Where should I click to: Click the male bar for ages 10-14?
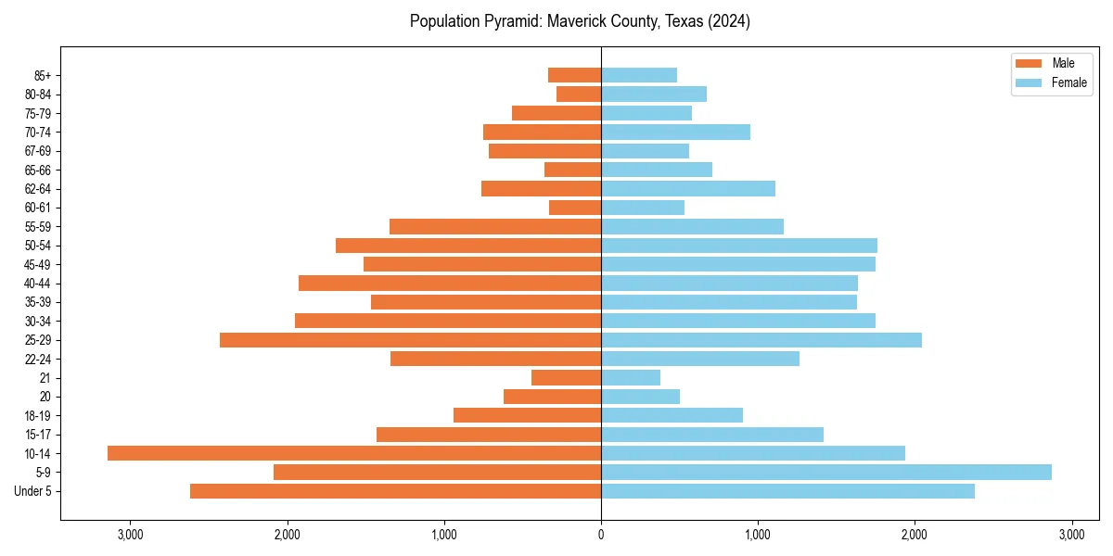(x=354, y=453)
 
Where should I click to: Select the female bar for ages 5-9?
(x=825, y=472)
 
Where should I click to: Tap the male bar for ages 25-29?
(x=410, y=340)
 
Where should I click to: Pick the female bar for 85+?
(x=638, y=75)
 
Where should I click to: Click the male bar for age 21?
(x=566, y=377)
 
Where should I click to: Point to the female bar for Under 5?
(x=787, y=491)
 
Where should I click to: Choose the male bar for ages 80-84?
(x=579, y=94)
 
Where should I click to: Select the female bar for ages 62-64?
(x=687, y=188)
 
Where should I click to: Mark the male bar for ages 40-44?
(x=450, y=283)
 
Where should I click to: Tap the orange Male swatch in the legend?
(x=1030, y=63)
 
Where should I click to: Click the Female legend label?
(x=1069, y=82)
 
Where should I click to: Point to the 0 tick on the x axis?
(x=601, y=535)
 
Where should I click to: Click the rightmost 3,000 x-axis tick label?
(x=1071, y=535)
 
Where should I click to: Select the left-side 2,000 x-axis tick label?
(x=288, y=535)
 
